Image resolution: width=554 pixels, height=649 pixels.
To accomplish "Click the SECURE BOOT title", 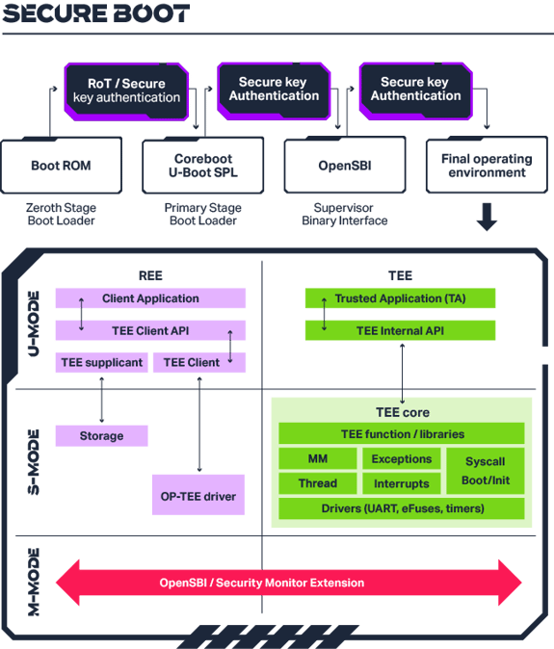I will [96, 14].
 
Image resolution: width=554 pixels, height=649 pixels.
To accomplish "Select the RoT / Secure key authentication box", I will [126, 91].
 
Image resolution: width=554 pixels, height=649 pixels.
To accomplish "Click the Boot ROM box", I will [61, 166].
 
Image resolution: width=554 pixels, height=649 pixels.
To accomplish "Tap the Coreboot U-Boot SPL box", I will [203, 165].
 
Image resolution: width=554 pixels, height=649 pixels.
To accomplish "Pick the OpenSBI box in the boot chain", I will [345, 166].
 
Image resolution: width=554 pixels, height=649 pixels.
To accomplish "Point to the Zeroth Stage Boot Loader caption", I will [61, 214].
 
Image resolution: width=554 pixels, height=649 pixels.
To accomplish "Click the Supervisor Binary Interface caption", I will [351, 214].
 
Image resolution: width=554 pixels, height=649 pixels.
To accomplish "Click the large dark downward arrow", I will [488, 218].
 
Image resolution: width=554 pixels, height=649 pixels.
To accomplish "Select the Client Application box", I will [150, 299].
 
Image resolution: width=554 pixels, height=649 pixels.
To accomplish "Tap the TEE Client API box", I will [150, 330].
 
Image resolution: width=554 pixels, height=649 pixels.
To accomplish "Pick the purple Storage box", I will [102, 436].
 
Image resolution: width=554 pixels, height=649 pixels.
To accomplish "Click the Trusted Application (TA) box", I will [400, 299].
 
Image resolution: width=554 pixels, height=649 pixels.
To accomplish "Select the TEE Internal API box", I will [400, 330].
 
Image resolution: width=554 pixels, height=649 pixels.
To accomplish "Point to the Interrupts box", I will [402, 483].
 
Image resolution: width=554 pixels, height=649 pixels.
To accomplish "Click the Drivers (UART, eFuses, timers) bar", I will [402, 508].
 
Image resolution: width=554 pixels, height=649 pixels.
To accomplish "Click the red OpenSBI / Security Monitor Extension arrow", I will [289, 583].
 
